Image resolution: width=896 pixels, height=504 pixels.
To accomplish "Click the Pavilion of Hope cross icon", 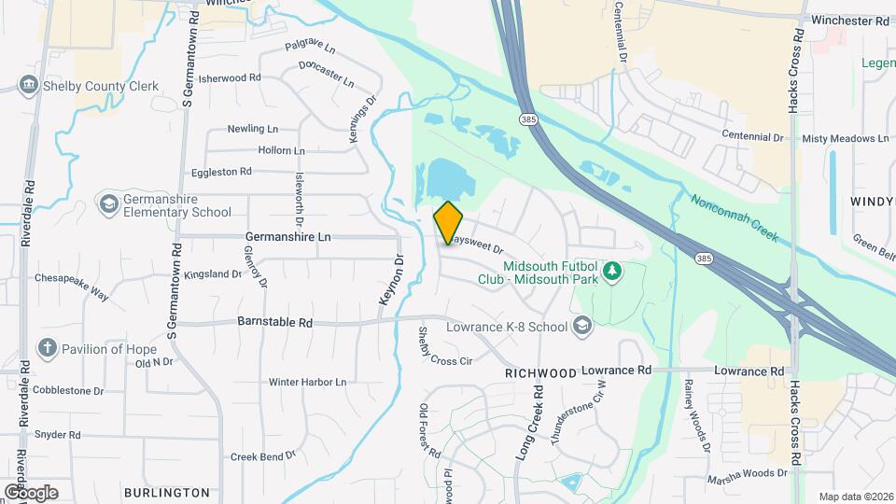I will pos(48,349).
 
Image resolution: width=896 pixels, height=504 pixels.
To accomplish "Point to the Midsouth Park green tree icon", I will pos(612,272).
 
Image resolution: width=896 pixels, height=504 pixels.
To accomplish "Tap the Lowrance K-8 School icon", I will pos(582,326).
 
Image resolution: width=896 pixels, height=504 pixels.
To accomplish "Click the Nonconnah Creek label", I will pos(734,217).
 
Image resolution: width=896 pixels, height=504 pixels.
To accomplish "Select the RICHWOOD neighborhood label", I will pos(540,372).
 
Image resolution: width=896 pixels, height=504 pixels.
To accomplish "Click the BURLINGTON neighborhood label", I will pos(166,492).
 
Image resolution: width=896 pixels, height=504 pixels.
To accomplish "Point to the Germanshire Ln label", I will pos(287,237).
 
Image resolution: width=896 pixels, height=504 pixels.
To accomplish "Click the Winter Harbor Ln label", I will pos(307,382).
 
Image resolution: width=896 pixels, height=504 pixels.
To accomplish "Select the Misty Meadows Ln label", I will pos(845,138).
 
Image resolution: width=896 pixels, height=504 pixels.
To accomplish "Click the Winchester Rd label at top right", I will pos(851,20).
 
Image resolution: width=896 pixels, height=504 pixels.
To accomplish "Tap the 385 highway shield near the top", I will pos(528,119).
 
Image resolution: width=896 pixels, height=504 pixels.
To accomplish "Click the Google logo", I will pos(31,492).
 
